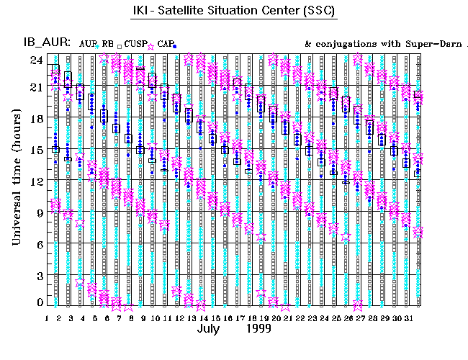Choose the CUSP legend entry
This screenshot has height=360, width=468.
point(135,43)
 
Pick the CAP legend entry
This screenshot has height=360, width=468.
point(164,43)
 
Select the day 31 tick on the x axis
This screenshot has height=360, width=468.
point(408,318)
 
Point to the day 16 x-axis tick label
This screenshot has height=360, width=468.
point(227,318)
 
